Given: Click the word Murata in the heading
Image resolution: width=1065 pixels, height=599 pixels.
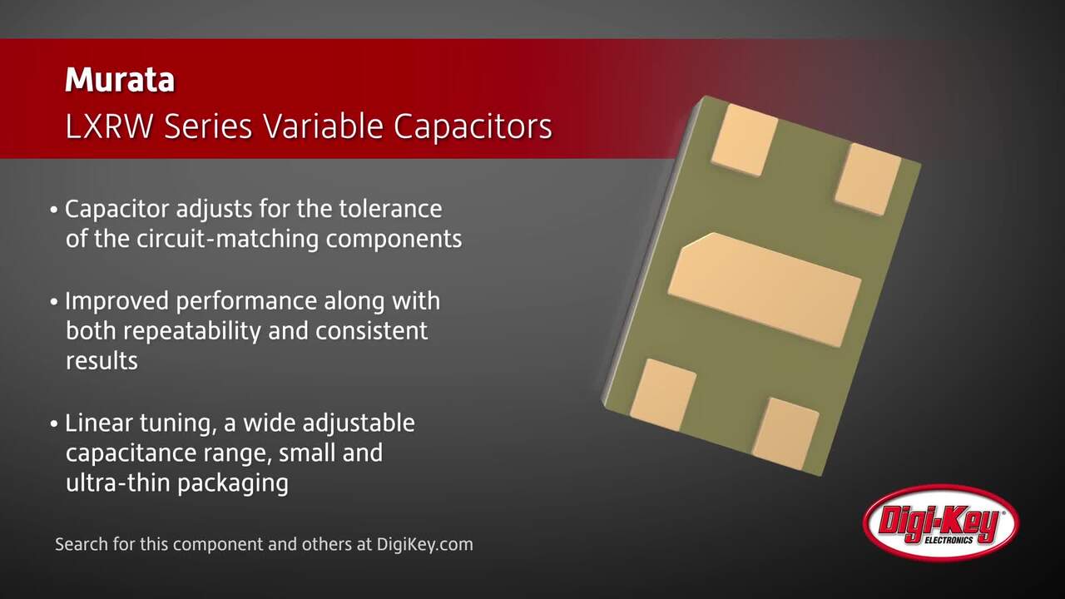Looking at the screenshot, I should tap(120, 80).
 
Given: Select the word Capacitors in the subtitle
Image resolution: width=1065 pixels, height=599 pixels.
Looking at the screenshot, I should tap(473, 127).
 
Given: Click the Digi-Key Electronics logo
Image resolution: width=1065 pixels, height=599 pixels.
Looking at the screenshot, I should tap(940, 523).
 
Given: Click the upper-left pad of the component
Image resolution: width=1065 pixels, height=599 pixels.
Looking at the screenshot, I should tap(744, 139).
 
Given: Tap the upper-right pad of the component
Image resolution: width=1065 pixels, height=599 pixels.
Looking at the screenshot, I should tap(868, 179).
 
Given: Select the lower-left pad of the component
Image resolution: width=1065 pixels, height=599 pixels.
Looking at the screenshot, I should tap(663, 394).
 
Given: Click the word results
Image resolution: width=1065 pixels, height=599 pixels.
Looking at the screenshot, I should tap(102, 361).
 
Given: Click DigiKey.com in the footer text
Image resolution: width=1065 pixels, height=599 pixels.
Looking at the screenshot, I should tap(425, 545).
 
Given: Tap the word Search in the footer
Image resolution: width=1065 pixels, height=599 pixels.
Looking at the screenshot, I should tap(80, 545).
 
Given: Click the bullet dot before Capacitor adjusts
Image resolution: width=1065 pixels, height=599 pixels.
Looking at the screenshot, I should tap(54, 209).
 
